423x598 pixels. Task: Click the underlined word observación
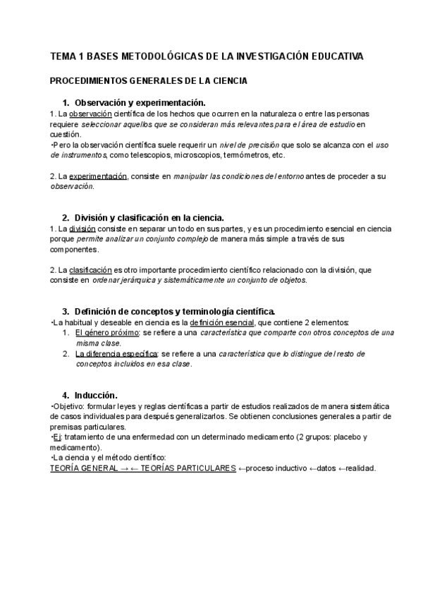pos(89,114)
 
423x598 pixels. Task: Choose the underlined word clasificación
pos(90,270)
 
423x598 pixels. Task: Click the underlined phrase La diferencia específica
pos(117,354)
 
